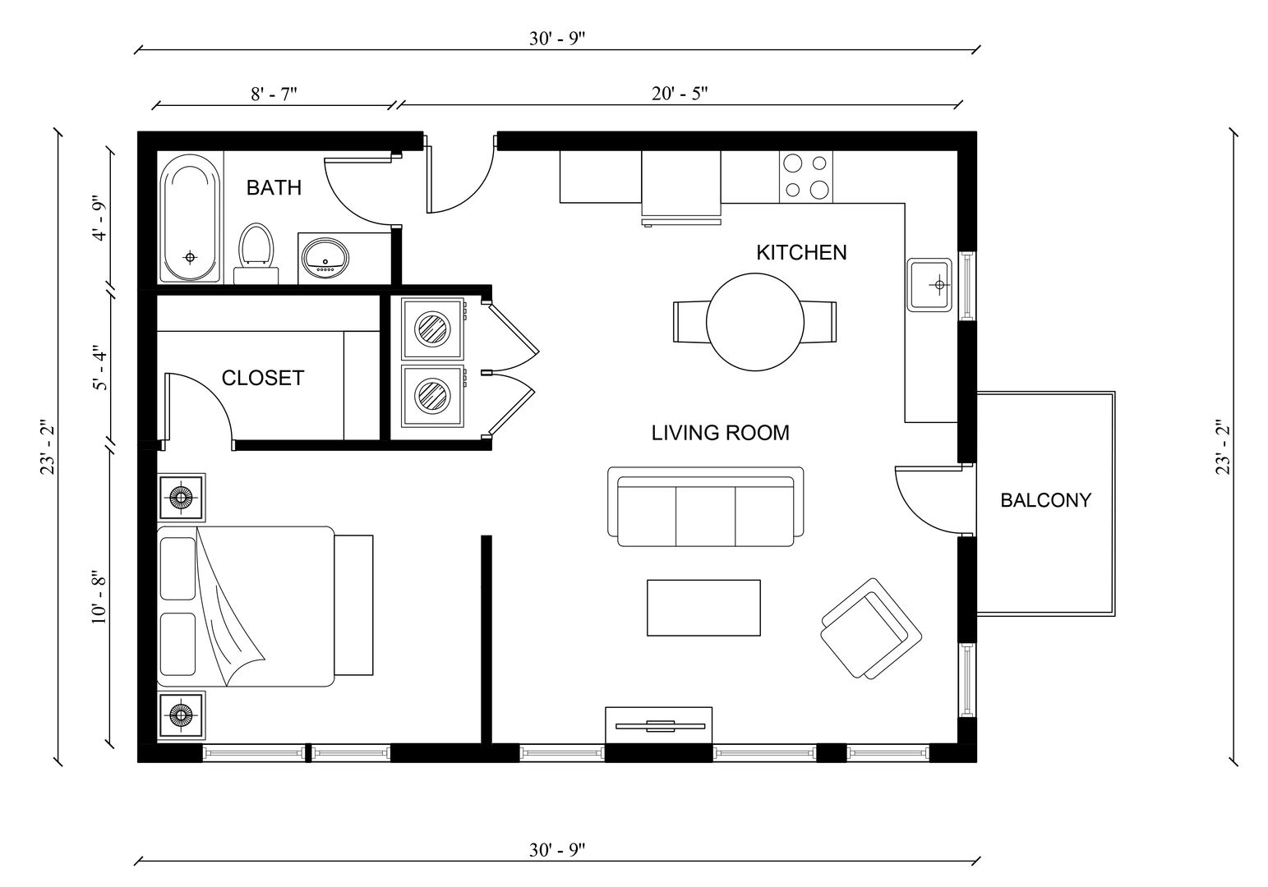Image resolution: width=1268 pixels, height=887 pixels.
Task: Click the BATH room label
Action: point(274,188)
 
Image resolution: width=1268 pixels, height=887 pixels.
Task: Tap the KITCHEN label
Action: point(801,252)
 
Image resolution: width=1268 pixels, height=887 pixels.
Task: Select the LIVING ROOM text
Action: point(720,433)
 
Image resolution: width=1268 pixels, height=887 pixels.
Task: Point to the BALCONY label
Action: point(1045,499)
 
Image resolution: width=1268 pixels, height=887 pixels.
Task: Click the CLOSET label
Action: point(263,378)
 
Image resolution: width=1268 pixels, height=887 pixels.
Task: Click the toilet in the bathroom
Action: point(256,246)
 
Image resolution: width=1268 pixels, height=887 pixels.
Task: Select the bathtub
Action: point(191,219)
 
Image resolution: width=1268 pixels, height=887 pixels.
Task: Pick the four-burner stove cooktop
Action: point(805,177)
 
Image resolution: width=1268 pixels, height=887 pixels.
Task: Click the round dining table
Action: point(755,323)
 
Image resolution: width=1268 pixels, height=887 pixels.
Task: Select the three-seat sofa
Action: point(705,508)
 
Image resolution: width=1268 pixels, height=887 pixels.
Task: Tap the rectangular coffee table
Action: point(703,608)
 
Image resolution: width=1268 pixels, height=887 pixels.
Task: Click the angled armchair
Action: point(870,628)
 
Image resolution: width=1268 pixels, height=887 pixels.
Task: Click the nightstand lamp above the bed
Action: point(180,497)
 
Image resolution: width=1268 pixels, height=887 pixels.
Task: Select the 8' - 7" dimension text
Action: point(274,94)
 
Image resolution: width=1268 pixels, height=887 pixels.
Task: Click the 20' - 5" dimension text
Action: point(680,94)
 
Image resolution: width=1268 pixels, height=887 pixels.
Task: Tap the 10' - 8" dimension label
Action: point(99,597)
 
